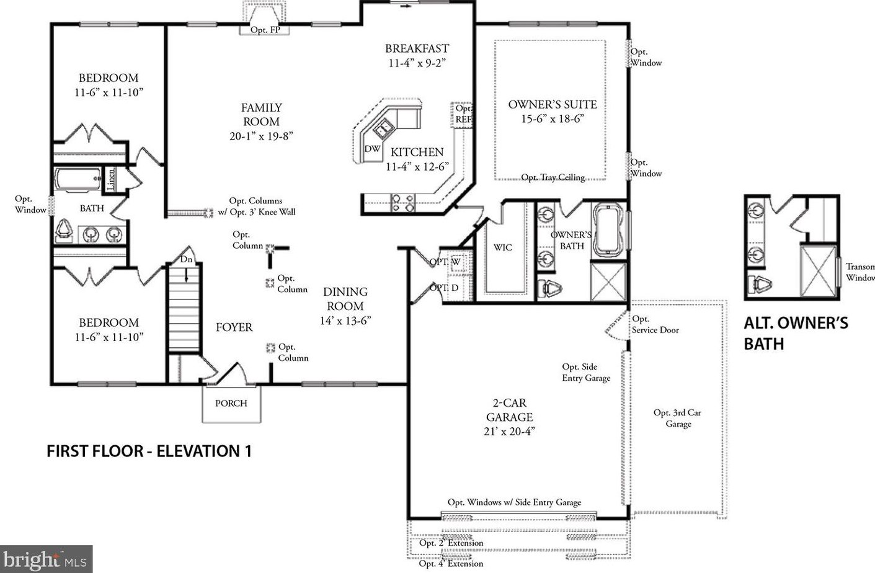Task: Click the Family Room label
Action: pyautogui.click(x=261, y=115)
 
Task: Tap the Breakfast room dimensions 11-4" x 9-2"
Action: pyautogui.click(x=417, y=63)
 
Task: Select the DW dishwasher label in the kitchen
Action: pyautogui.click(x=372, y=149)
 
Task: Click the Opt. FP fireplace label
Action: pyautogui.click(x=265, y=30)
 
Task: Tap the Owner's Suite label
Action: pyautogui.click(x=553, y=105)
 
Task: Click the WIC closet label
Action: pyautogui.click(x=503, y=247)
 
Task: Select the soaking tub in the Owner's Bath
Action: pyautogui.click(x=608, y=230)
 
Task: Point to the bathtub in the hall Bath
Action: pyautogui.click(x=78, y=179)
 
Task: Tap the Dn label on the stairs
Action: pyautogui.click(x=186, y=259)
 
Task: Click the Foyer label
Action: pyautogui.click(x=234, y=327)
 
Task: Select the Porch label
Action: pyautogui.click(x=231, y=403)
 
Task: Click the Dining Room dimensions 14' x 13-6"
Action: pyautogui.click(x=345, y=321)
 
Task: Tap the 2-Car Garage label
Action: pyautogui.click(x=509, y=410)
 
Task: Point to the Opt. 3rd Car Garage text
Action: pyautogui.click(x=678, y=418)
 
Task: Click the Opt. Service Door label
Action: pyautogui.click(x=655, y=324)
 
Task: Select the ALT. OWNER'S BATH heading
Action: pyautogui.click(x=796, y=334)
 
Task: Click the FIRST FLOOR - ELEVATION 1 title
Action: pyautogui.click(x=149, y=451)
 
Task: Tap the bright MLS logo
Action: pyautogui.click(x=46, y=559)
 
